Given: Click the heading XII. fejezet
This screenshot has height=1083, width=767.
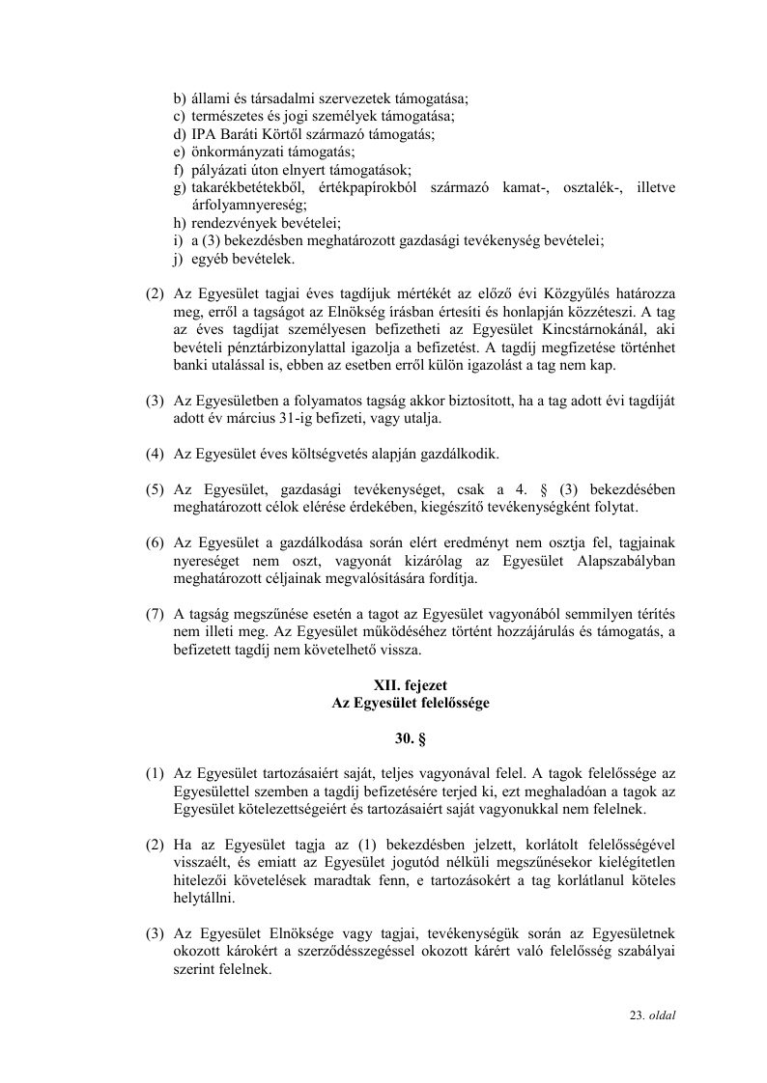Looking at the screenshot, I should click(411, 686).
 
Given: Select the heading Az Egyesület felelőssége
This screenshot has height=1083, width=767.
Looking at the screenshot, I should click(411, 704).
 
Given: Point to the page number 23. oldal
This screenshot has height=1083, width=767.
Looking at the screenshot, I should click(653, 1015).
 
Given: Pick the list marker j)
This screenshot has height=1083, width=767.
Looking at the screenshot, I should click(180, 259).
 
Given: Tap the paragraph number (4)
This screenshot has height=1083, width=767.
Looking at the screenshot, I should click(155, 454).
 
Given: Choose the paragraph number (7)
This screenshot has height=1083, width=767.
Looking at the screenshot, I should click(155, 614).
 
